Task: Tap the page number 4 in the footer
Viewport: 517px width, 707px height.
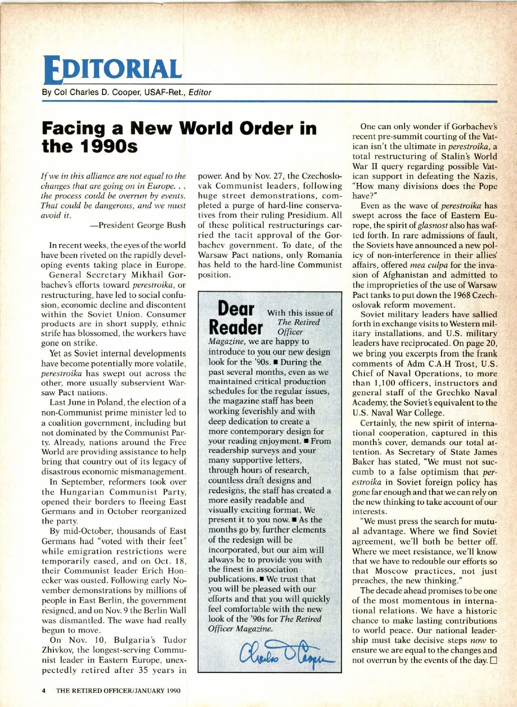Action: [44, 690]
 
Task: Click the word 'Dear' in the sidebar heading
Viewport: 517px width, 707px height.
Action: [236, 309]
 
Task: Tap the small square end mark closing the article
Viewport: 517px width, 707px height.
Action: [493, 660]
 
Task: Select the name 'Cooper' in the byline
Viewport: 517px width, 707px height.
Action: [122, 92]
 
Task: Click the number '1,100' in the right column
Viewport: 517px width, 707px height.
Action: [376, 383]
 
